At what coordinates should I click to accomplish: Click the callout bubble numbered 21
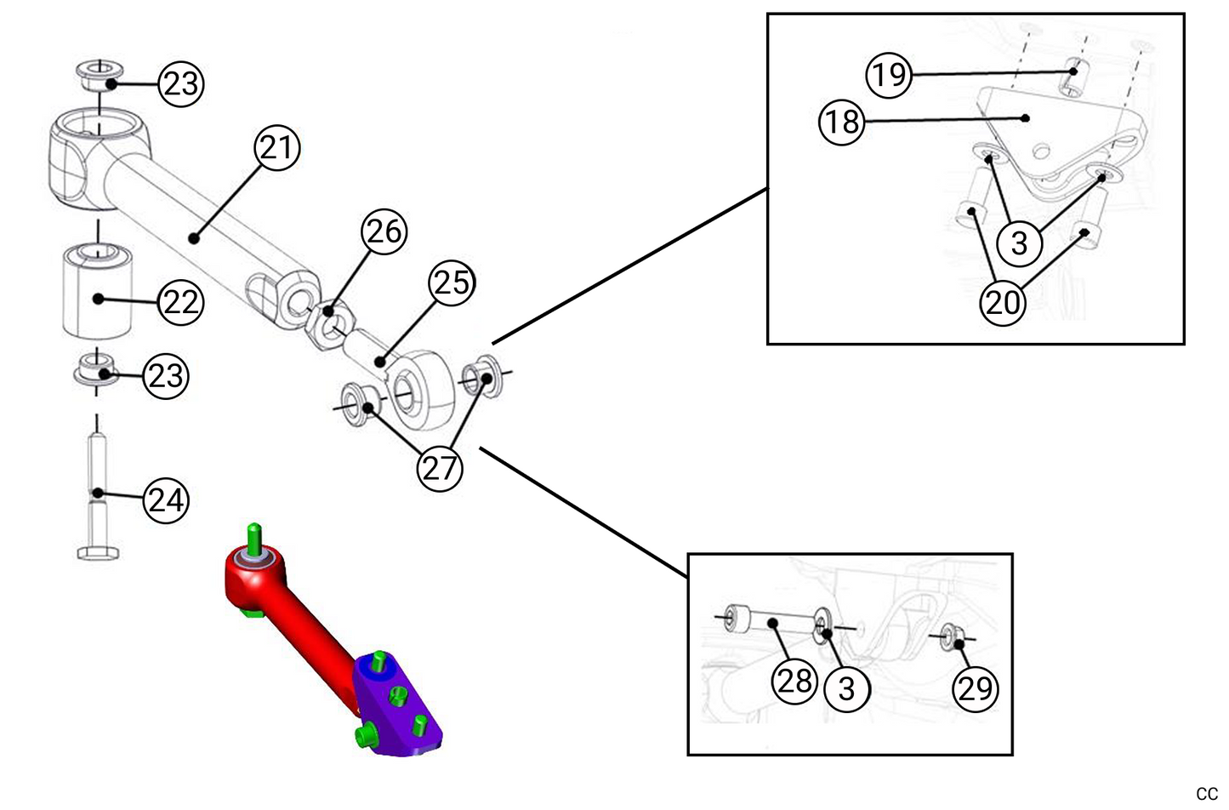click(x=276, y=148)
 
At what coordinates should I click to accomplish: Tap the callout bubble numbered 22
click(x=180, y=301)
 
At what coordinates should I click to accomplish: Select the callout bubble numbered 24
click(x=165, y=499)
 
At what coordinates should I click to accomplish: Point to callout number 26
click(x=384, y=231)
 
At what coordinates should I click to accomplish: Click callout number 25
click(x=452, y=282)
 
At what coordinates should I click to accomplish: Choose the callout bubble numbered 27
click(x=439, y=467)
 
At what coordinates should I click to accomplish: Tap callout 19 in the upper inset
click(x=889, y=74)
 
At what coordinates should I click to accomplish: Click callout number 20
click(x=1003, y=302)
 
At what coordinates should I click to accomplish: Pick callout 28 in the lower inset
click(x=794, y=681)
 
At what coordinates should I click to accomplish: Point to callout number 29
click(x=975, y=687)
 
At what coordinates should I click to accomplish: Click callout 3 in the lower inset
click(x=846, y=687)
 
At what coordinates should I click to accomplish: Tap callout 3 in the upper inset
click(x=1019, y=243)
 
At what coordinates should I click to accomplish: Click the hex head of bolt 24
click(x=98, y=552)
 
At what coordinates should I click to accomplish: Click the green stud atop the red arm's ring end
click(x=253, y=537)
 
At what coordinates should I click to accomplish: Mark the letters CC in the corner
click(x=1206, y=794)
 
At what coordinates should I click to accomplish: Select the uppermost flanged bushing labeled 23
click(x=100, y=74)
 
